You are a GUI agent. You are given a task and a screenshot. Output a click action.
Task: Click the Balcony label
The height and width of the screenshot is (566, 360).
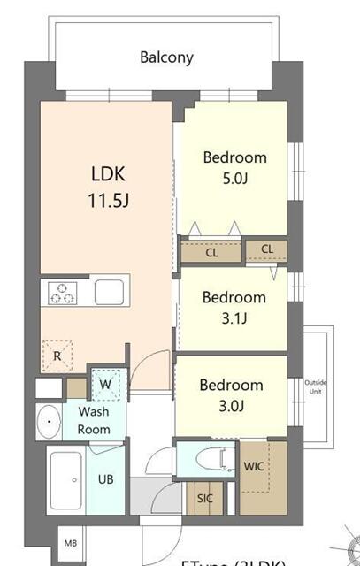coord(166,58)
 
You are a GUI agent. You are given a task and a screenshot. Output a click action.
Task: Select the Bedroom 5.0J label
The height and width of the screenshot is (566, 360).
coord(234,168)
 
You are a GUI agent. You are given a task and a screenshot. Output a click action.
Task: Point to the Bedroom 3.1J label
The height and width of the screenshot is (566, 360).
coord(234,307)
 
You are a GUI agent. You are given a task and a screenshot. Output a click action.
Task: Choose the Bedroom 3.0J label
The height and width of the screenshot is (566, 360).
coord(230,394)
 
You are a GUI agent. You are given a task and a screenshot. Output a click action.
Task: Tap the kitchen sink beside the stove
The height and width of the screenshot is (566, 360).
coord(111,291)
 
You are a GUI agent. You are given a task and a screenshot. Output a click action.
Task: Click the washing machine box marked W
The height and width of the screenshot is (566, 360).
coord(105,384)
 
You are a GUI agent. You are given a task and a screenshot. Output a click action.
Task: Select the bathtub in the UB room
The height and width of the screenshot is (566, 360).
coord(64,483)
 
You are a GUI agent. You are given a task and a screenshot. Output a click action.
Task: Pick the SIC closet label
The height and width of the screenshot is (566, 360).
coord(203,499)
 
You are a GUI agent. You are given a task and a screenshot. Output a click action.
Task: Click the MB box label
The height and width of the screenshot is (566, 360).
coord(70,540)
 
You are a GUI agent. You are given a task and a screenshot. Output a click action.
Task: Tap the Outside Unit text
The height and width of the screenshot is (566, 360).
coord(316,387)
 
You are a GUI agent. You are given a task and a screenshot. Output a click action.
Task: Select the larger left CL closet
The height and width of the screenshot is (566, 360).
coord(211,252)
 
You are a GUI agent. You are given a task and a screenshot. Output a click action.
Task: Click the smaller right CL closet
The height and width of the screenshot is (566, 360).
coord(266,249)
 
